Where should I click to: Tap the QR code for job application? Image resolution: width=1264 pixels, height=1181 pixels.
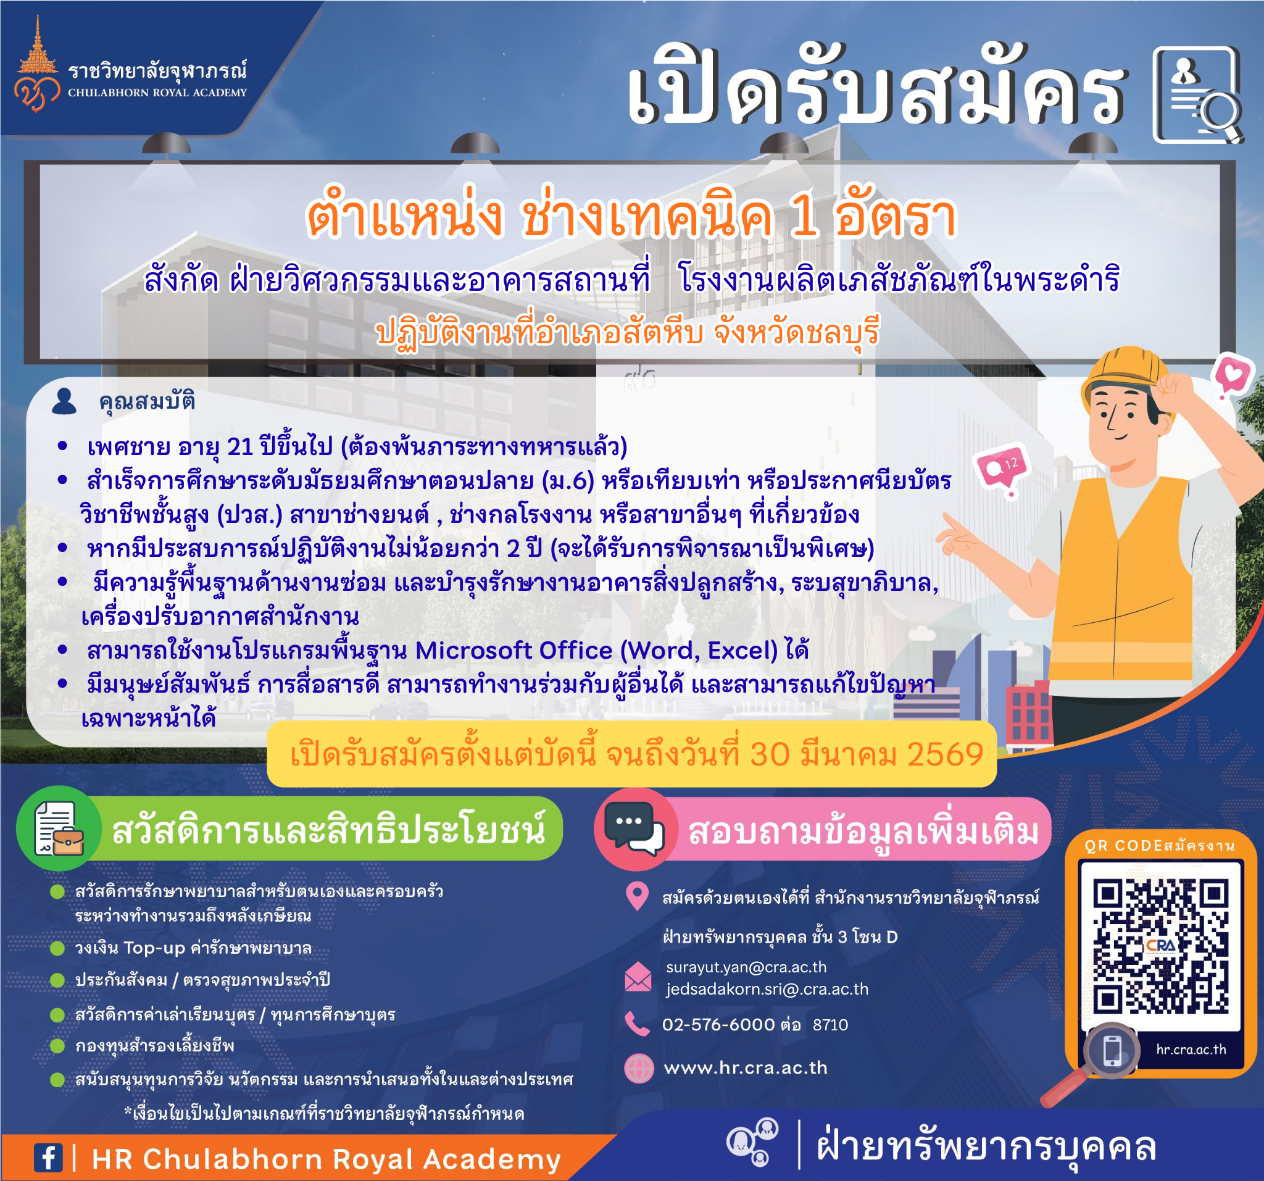click(x=1160, y=946)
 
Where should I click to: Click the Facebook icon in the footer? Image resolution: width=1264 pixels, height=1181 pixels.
click(x=48, y=1158)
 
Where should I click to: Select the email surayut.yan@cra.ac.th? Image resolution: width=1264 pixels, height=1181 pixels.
click(x=746, y=967)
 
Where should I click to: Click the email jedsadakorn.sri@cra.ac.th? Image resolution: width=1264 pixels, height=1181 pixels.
click(x=767, y=990)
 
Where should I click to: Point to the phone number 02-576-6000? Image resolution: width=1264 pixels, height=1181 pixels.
click(x=718, y=1025)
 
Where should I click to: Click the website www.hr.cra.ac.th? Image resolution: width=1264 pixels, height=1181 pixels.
click(x=745, y=1068)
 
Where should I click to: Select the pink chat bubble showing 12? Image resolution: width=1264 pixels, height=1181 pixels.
click(x=1003, y=469)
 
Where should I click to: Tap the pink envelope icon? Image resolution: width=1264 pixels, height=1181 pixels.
click(x=638, y=977)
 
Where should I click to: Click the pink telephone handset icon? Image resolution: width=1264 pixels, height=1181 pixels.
click(x=637, y=1024)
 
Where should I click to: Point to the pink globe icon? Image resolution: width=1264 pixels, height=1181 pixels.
click(x=638, y=1069)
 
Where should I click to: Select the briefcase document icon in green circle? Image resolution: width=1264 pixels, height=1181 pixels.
click(x=59, y=828)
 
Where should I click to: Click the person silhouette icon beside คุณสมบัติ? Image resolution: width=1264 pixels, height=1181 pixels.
click(x=64, y=401)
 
